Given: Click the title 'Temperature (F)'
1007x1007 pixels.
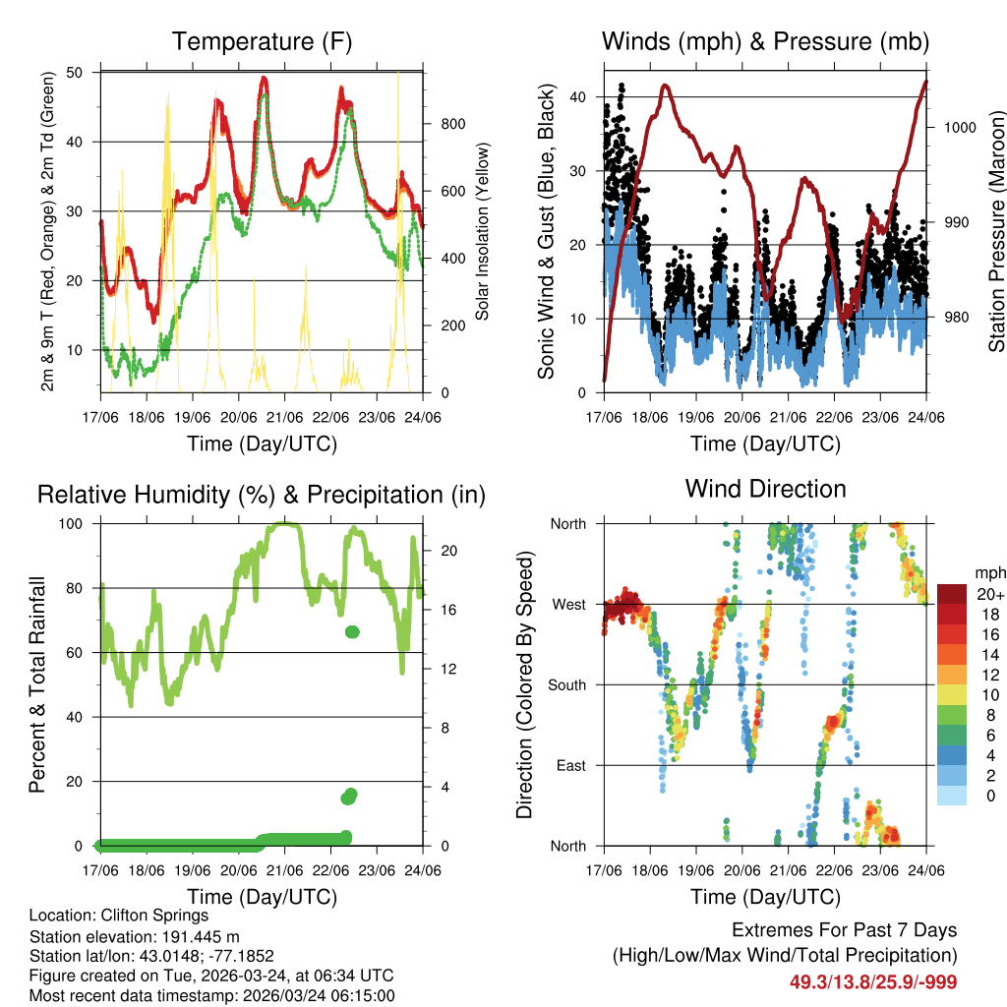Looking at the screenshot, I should [x=262, y=41].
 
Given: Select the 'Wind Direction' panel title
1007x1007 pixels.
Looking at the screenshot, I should [x=765, y=488].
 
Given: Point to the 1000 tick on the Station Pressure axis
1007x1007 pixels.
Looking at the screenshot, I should [x=956, y=127].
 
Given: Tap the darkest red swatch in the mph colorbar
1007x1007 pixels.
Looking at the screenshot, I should [x=952, y=594].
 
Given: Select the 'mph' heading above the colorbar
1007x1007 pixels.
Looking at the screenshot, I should [x=988, y=572].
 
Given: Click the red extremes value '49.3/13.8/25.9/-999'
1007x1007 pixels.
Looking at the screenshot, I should [x=873, y=981].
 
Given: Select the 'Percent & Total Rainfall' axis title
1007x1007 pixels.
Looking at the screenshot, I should [x=37, y=684].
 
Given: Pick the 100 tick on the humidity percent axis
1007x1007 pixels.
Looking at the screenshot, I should [x=76, y=523].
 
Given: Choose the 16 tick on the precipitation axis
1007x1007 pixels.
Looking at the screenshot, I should [x=448, y=610].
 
